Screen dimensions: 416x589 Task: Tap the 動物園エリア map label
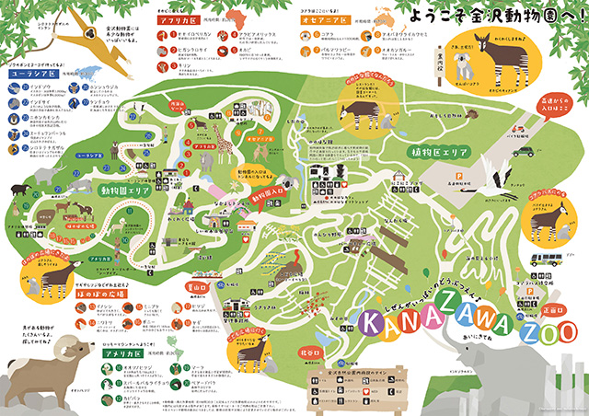(125, 189)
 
